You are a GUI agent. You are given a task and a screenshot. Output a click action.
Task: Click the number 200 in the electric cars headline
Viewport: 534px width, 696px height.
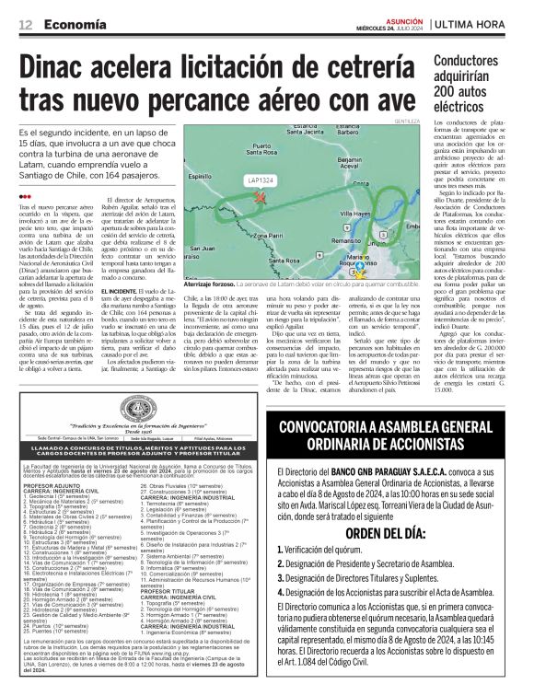click(x=449, y=92)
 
